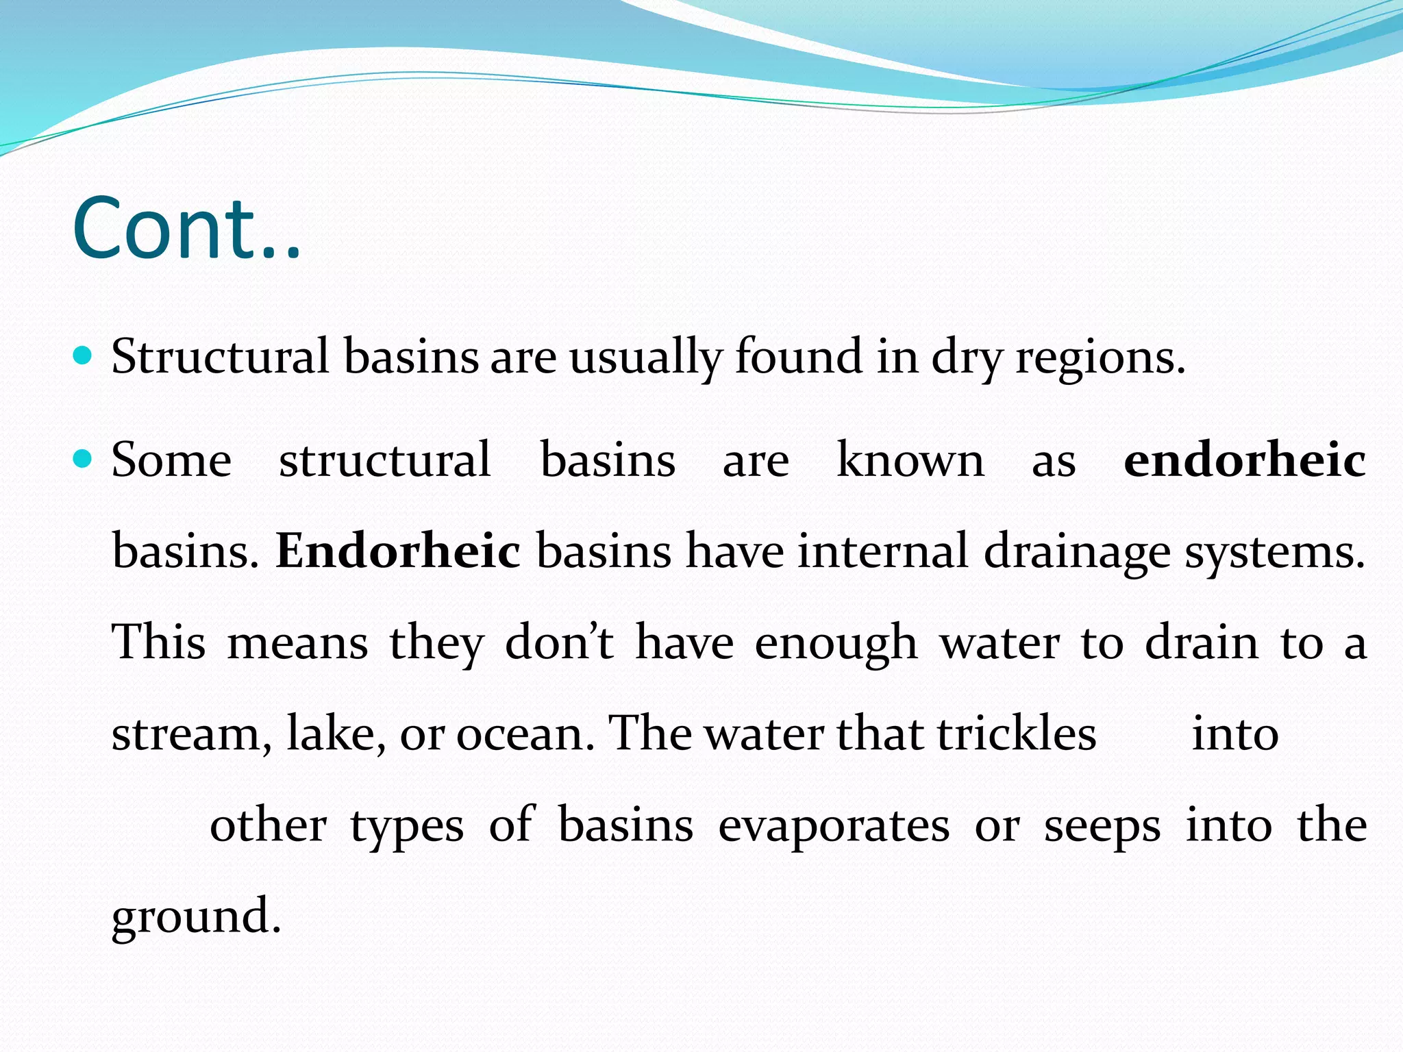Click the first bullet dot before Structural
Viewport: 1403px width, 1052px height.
tap(82, 355)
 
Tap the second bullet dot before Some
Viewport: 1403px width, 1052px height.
tap(82, 458)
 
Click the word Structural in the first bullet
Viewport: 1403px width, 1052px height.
tap(220, 357)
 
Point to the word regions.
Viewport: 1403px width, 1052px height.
tap(1100, 358)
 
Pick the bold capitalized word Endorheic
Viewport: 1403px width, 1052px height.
tap(397, 551)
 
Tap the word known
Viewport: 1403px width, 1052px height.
tap(910, 460)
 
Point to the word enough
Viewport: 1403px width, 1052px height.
tap(836, 644)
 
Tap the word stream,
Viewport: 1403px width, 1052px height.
tap(191, 734)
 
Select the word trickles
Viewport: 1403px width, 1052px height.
tap(1017, 734)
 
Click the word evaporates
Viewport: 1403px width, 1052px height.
tap(834, 826)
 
